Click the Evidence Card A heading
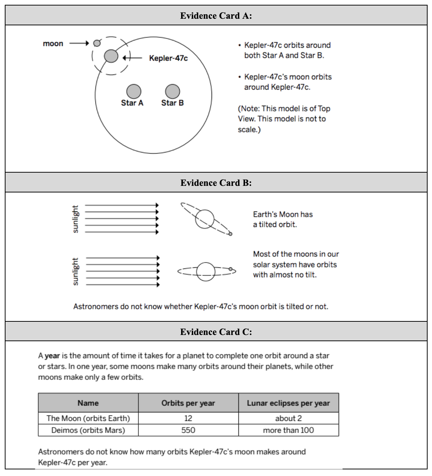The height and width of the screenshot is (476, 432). (x=216, y=16)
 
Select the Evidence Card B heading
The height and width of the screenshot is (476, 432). (x=216, y=183)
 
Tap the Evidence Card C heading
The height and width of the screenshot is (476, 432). (x=216, y=332)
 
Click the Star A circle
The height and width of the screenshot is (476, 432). (x=134, y=91)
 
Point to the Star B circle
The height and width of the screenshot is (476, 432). (x=172, y=91)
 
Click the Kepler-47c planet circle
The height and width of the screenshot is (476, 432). (x=111, y=56)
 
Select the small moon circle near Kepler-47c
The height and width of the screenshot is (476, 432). (x=97, y=43)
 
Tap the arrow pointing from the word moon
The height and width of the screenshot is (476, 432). (x=79, y=43)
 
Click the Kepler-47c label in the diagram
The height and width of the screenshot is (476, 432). (x=168, y=58)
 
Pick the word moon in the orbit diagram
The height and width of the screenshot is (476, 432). (x=53, y=44)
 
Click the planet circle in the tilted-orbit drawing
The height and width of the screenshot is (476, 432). (x=205, y=219)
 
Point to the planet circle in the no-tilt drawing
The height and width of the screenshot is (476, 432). (x=206, y=271)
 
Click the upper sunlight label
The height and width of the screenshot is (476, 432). (x=75, y=219)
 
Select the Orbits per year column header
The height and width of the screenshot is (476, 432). (x=188, y=403)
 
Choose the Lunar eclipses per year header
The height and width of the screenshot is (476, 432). (x=288, y=403)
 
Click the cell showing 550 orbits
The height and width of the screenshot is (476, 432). (x=188, y=430)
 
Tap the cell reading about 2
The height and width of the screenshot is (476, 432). (x=288, y=418)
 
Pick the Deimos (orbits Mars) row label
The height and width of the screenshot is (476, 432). (x=88, y=430)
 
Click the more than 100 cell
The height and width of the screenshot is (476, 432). (x=288, y=430)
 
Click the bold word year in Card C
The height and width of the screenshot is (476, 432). (x=52, y=356)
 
